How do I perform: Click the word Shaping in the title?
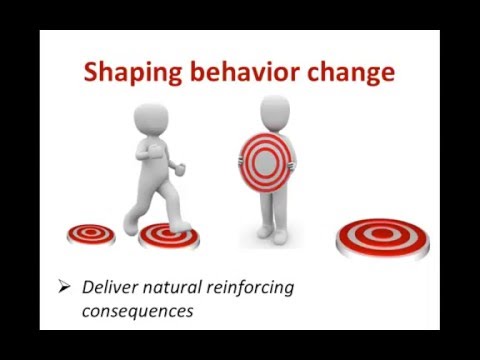click(x=129, y=73)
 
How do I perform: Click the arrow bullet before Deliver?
click(x=65, y=288)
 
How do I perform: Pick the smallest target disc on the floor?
click(x=91, y=234)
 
